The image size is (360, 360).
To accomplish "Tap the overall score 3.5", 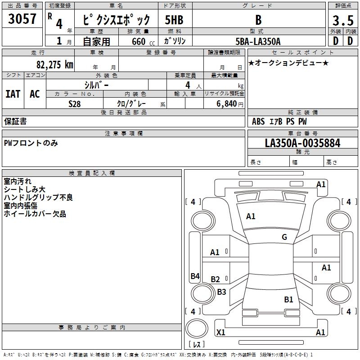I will pos(342,20).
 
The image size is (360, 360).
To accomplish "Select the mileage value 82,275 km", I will pos(54,64).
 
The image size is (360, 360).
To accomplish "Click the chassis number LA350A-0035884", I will pos(302,144).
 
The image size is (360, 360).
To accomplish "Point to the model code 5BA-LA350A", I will pos(258,41).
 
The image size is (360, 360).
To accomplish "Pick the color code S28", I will pos(75,103).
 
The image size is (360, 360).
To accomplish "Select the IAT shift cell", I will pos(13,94).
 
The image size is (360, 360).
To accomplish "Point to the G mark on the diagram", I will pos(284,237).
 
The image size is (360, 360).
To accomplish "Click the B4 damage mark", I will pos(195,276).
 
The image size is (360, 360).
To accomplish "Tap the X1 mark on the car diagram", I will pos(221,333).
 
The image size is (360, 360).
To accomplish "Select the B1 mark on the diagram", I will pos(288,299).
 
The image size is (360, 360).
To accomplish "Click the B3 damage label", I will pos(221,292).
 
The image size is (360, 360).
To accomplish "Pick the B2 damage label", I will pos(215,279).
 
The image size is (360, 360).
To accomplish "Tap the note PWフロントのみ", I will pos(31,143).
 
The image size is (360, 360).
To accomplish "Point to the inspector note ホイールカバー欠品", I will pos(35,214).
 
